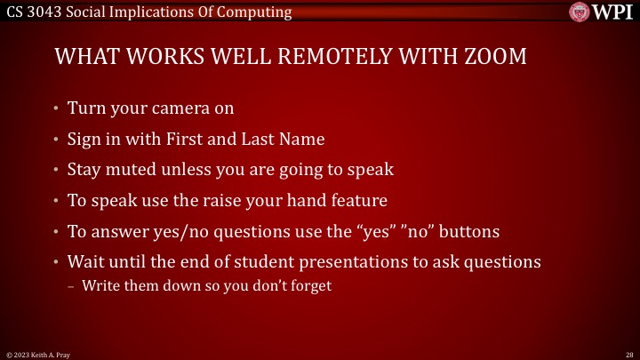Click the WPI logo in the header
[x=604, y=12]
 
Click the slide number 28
[x=628, y=354]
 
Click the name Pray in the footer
[x=61, y=354]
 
